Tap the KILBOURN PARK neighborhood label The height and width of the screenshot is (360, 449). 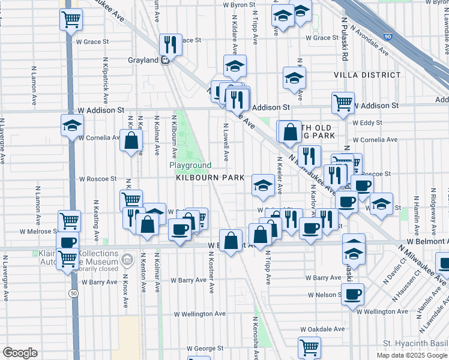210,178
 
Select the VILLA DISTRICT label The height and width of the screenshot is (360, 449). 367,75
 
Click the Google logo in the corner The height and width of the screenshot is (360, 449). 20,353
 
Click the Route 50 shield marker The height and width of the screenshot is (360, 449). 73,293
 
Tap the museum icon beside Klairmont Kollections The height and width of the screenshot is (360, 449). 127,260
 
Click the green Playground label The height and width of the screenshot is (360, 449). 190,165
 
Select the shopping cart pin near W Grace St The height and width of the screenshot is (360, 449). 71,19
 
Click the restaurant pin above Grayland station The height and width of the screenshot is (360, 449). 170,43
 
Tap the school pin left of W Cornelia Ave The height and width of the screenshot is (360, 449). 72,126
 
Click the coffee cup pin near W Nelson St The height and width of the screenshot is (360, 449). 353,293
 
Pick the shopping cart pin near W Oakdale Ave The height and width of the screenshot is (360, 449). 310,347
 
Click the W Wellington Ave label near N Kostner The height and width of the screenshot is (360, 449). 200,313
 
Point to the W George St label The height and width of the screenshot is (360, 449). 205,347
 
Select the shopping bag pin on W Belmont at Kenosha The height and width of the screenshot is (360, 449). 231,241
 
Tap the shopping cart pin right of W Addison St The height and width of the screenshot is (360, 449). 343,102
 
